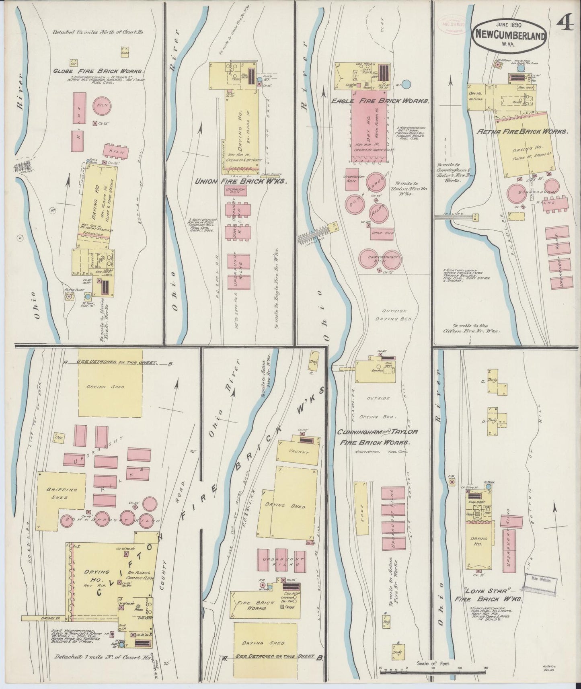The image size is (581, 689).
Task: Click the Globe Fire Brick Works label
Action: point(99,71)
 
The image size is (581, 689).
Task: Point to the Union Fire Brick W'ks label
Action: point(241,181)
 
